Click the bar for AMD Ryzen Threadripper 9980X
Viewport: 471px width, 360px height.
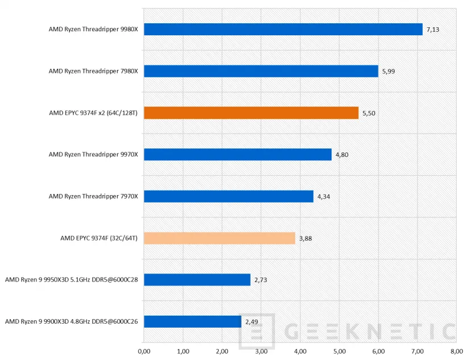click(x=283, y=30)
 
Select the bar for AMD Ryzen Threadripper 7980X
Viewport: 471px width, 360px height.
click(x=261, y=71)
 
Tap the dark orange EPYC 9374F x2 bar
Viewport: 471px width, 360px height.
click(x=251, y=113)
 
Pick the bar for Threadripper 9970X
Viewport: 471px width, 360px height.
click(x=237, y=154)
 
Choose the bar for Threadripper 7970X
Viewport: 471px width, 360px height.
click(x=228, y=196)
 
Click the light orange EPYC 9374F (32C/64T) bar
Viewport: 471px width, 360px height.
click(x=219, y=238)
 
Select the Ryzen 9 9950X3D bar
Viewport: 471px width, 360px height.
click(x=197, y=280)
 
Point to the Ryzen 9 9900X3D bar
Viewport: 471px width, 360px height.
click(x=192, y=321)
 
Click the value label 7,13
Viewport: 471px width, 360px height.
click(x=432, y=30)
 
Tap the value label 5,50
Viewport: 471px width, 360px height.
click(x=368, y=113)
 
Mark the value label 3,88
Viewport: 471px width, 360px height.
click(x=305, y=238)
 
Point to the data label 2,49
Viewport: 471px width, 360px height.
click(x=251, y=322)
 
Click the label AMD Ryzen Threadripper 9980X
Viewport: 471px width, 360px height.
click(x=93, y=30)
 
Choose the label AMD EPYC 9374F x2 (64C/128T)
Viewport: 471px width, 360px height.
click(x=93, y=113)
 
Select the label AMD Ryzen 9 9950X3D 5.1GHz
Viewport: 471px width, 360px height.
click(x=72, y=280)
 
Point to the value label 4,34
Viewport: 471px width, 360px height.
click(x=323, y=197)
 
